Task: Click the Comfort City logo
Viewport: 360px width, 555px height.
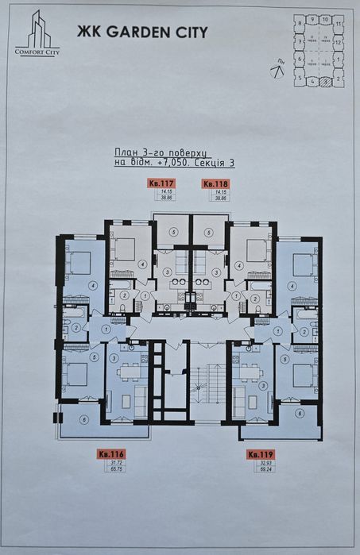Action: tap(38, 36)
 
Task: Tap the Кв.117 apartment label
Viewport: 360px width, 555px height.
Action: tap(161, 183)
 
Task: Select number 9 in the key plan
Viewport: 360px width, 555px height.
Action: tap(313, 18)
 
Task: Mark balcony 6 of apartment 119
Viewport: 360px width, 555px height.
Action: tap(298, 414)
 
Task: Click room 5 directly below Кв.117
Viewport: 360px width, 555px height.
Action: tap(173, 233)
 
